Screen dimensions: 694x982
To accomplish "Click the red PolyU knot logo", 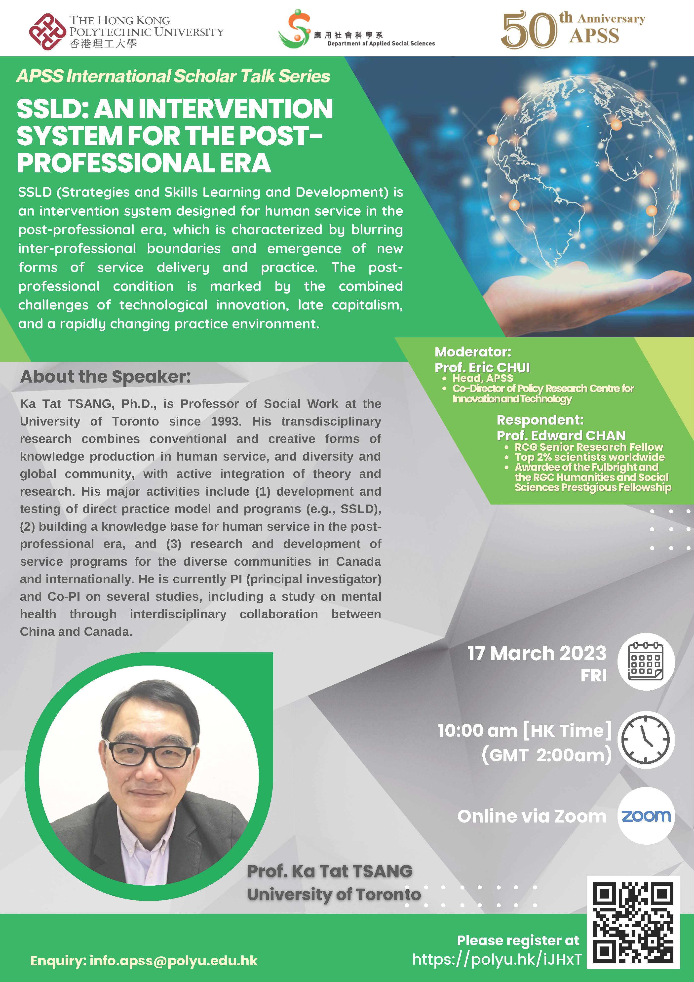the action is (x=47, y=32).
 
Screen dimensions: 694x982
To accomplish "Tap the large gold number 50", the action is (x=529, y=30).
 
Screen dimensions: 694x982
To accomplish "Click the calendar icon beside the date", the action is (x=646, y=661).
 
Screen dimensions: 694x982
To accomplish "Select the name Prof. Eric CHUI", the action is (x=482, y=367).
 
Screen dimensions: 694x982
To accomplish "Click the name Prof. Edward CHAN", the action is (x=561, y=435).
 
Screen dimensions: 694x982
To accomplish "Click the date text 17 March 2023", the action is (x=537, y=653).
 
